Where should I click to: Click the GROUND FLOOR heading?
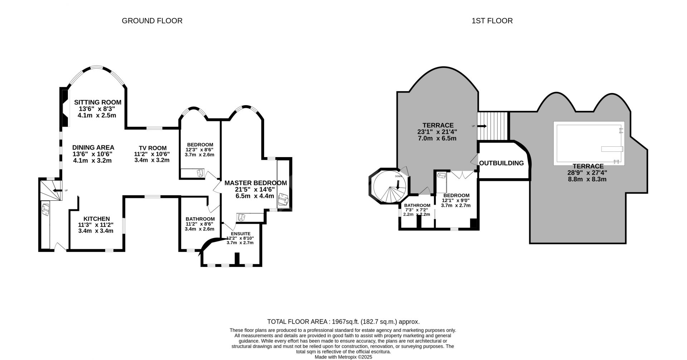click(x=152, y=21)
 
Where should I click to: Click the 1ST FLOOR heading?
click(x=492, y=21)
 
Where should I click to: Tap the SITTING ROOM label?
click(x=98, y=102)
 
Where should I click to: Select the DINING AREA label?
click(x=93, y=147)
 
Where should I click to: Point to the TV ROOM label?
click(x=153, y=148)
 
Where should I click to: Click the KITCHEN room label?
click(x=97, y=219)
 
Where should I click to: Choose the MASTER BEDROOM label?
click(x=255, y=183)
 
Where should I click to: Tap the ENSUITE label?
click(x=240, y=233)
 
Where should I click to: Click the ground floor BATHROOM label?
click(x=200, y=219)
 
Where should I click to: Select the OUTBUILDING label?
click(x=501, y=163)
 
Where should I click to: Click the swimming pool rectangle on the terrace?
click(x=589, y=143)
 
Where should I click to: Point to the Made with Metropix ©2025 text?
click(x=343, y=357)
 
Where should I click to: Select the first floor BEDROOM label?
click(x=456, y=195)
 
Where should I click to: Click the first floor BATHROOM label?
click(x=417, y=205)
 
